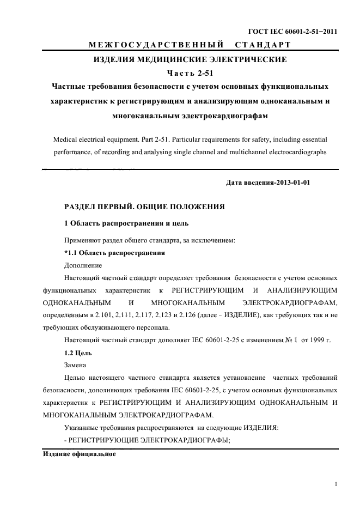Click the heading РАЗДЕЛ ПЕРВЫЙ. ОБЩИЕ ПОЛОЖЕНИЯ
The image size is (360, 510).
click(144, 207)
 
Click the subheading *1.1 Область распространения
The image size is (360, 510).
click(114, 253)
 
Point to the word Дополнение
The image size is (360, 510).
click(83, 265)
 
